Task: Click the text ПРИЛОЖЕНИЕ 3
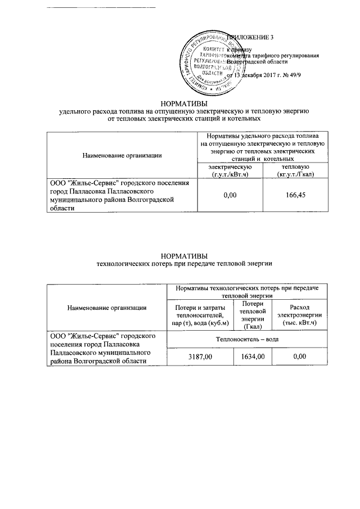(250, 38)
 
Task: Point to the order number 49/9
(309, 75)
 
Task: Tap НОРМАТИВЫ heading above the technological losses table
(184, 255)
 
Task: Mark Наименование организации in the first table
(122, 155)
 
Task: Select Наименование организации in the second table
(107, 307)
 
